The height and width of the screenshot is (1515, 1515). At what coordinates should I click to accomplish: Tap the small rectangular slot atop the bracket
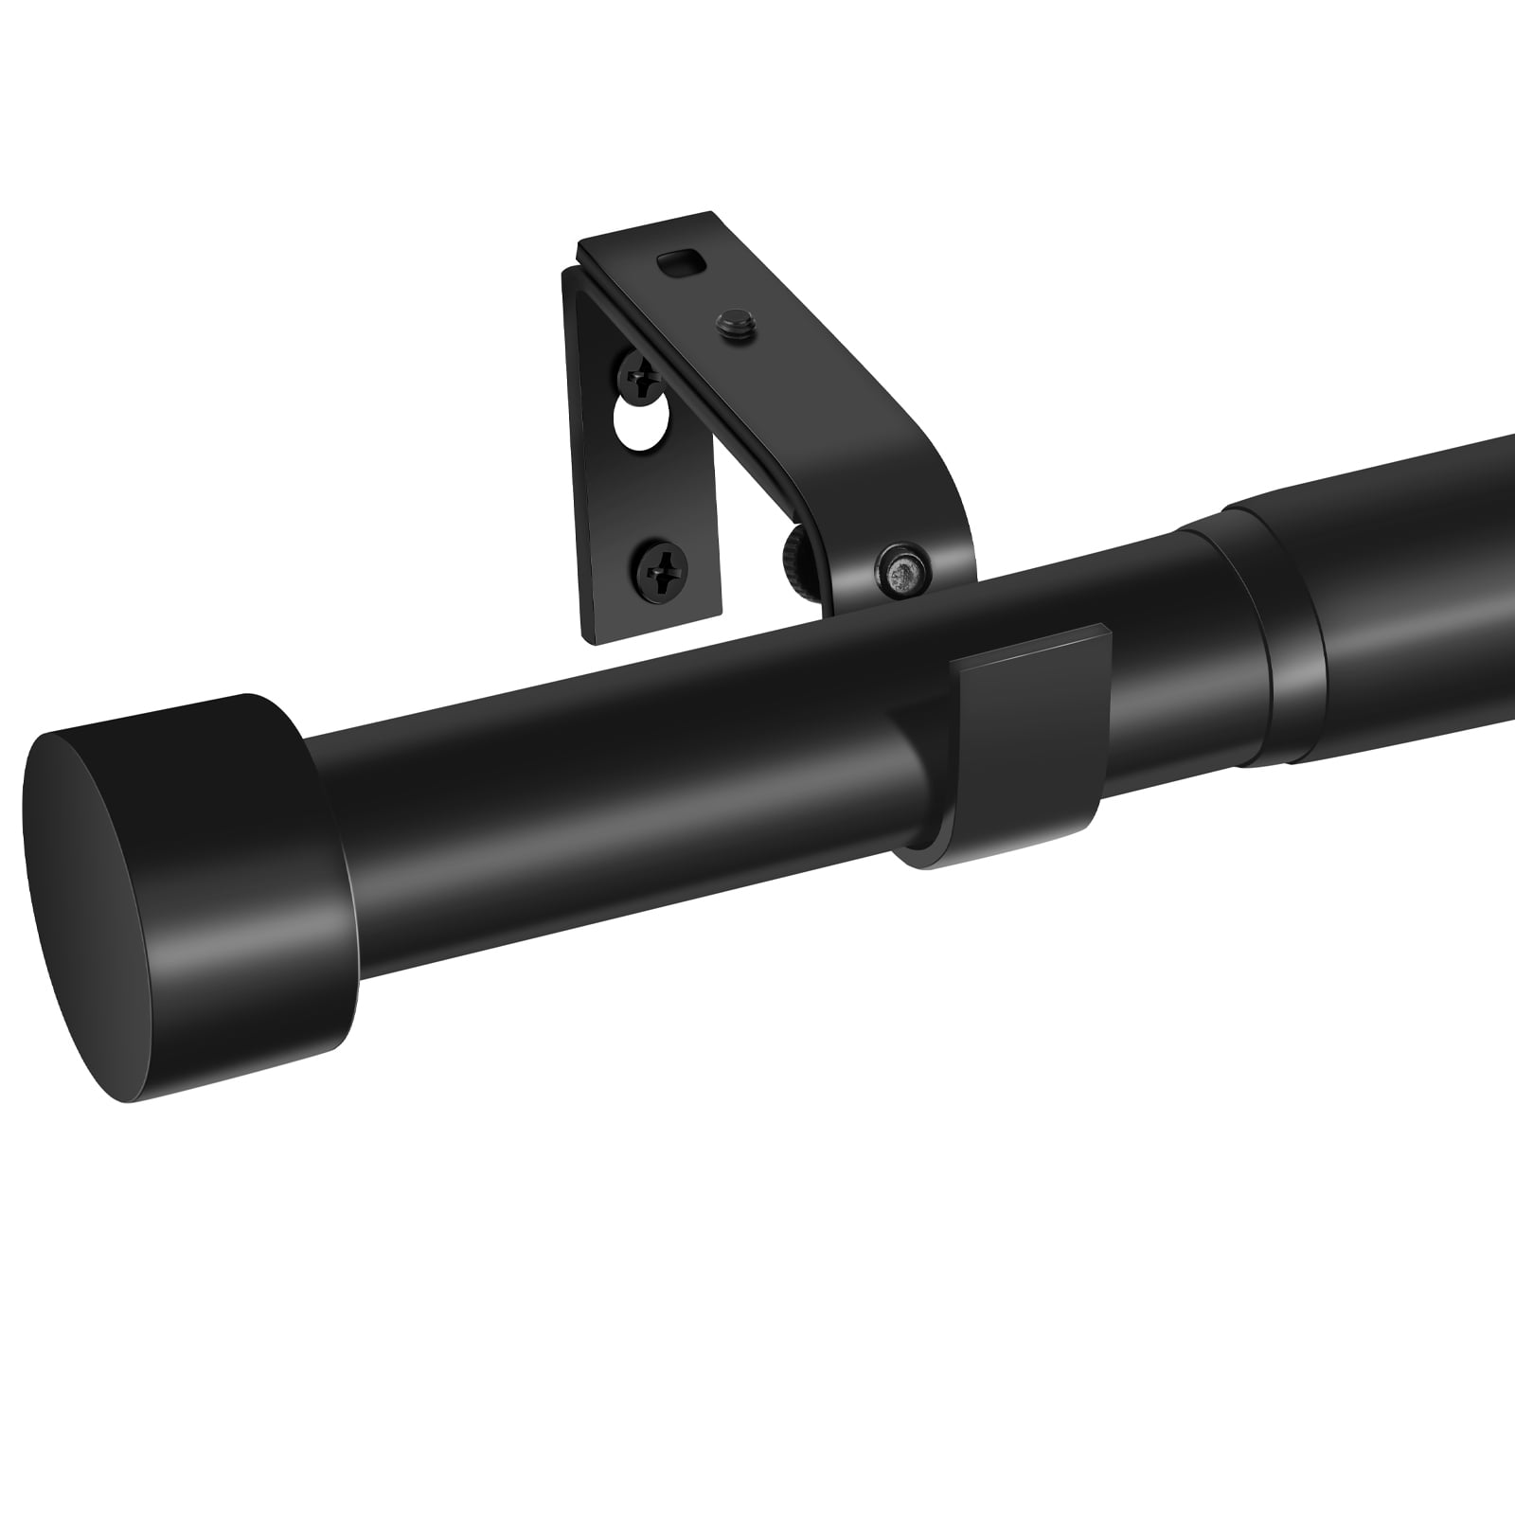tap(678, 260)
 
